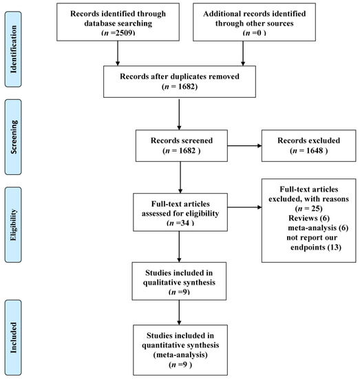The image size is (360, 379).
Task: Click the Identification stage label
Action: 15,43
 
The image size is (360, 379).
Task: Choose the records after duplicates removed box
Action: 179,82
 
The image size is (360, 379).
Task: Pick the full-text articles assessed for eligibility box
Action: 179,212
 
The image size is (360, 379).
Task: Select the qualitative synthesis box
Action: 179,280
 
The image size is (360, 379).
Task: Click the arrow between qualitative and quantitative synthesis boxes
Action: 180,312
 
